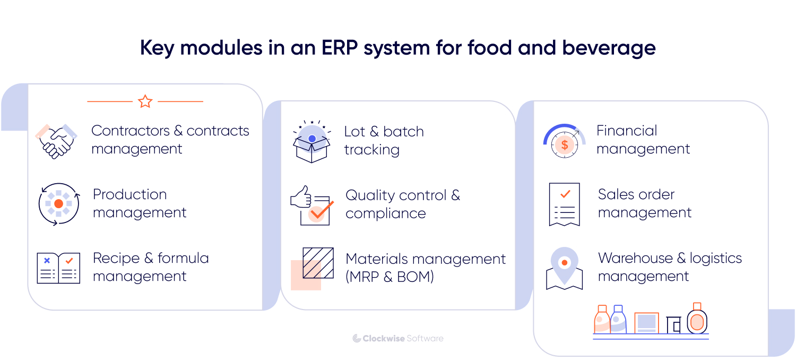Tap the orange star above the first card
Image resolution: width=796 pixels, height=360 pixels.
[x=145, y=101]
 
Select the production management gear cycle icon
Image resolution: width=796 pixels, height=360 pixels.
[x=58, y=204]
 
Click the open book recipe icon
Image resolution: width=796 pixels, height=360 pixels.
[x=58, y=268]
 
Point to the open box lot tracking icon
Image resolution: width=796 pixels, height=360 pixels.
[x=312, y=143]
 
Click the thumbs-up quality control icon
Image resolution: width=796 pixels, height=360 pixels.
[x=312, y=205]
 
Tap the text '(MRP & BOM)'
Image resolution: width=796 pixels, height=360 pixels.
[x=390, y=277]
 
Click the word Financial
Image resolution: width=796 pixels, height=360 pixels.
[x=627, y=131]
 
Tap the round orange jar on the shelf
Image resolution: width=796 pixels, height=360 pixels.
[x=697, y=320]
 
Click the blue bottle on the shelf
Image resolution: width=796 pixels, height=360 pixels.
[x=618, y=320]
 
